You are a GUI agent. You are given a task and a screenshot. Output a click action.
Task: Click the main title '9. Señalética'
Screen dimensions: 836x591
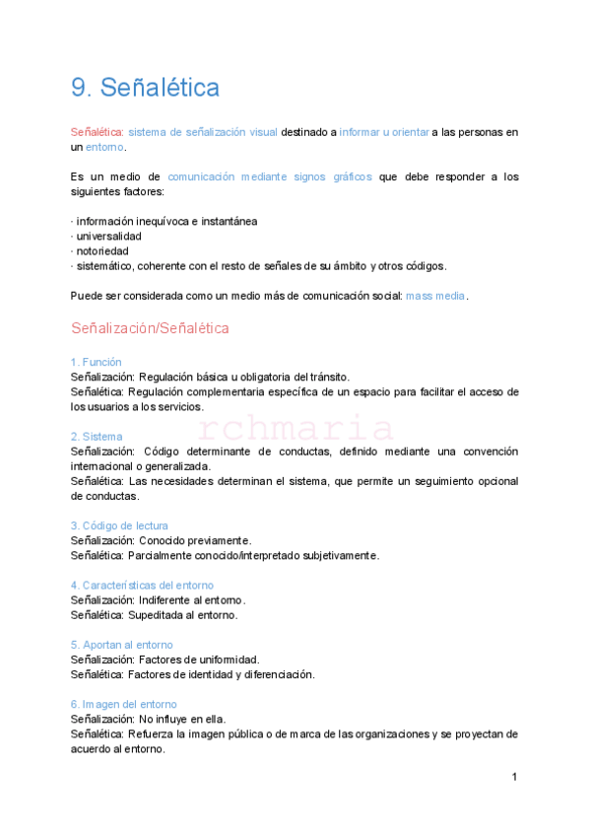pos(145,89)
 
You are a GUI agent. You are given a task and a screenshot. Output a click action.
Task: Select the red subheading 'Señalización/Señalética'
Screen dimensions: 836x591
pos(150,327)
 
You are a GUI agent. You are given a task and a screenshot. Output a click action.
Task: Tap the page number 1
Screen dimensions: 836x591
pos(514,778)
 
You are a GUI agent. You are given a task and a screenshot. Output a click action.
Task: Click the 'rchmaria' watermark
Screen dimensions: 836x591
pos(295,429)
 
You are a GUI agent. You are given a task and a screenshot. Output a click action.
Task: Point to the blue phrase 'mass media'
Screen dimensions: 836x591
pos(436,296)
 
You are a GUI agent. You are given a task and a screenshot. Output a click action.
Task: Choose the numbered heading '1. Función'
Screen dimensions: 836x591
pos(97,362)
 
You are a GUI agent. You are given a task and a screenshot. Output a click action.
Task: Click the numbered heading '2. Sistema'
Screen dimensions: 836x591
pos(97,436)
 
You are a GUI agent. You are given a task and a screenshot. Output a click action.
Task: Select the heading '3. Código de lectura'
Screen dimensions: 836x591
pos(119,525)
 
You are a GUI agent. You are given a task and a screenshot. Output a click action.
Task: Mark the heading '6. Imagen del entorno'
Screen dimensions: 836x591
pos(124,704)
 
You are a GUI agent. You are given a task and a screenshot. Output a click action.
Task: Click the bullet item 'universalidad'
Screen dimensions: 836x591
pos(108,237)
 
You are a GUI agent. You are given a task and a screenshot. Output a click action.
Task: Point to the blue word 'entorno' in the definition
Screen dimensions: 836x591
pos(104,147)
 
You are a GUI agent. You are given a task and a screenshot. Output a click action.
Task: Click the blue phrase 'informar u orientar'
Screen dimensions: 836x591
pos(384,132)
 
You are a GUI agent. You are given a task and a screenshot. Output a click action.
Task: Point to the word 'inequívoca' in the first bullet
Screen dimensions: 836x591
pos(166,222)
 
